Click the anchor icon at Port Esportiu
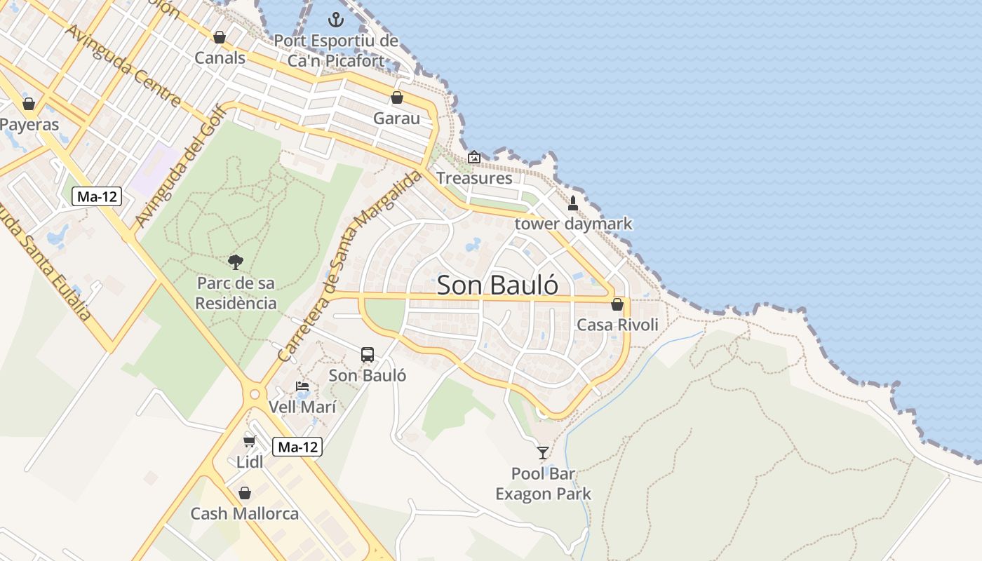tap(336, 19)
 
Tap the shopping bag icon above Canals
tap(220, 37)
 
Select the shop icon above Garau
tap(397, 97)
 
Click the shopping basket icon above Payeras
tap(29, 104)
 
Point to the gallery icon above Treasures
tap(474, 157)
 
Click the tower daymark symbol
tap(573, 203)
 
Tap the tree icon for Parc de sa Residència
tap(236, 262)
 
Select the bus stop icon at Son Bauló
tap(368, 354)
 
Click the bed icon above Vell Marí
tap(302, 386)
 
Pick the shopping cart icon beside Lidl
tap(249, 441)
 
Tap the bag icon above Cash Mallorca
tap(245, 493)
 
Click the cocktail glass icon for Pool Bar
tap(543, 452)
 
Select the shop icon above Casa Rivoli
tap(617, 304)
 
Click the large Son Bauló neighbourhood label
tap(498, 285)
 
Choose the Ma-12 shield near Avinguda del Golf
tap(97, 196)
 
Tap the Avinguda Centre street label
tap(123, 65)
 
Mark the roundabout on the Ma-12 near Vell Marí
tap(255, 394)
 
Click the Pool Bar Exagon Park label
tap(543, 484)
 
